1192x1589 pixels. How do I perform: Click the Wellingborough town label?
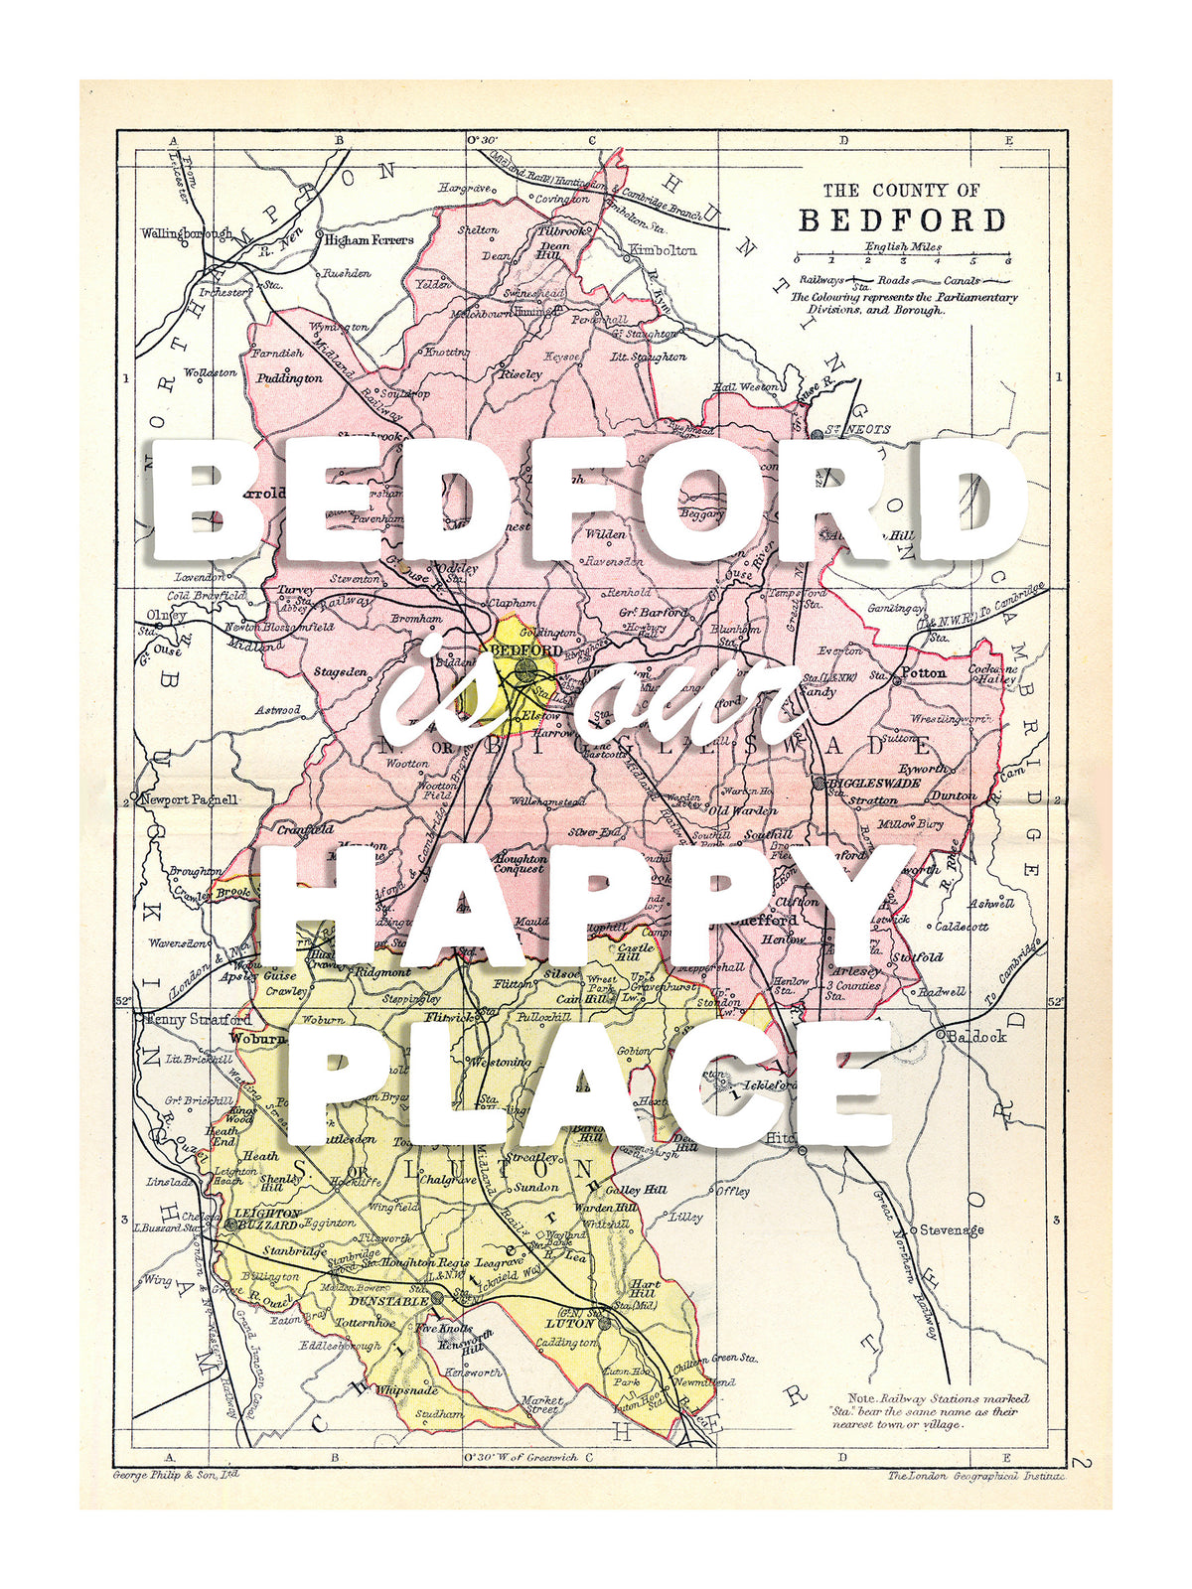(186, 234)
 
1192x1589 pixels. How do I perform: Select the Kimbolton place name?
(663, 250)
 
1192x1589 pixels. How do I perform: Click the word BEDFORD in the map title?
(902, 220)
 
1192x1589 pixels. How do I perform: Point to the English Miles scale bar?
(902, 255)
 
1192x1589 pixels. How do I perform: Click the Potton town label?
(924, 672)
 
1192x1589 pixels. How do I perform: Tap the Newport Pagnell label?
(189, 799)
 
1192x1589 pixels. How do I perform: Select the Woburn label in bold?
(251, 1038)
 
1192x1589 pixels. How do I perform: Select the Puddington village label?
(289, 378)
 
